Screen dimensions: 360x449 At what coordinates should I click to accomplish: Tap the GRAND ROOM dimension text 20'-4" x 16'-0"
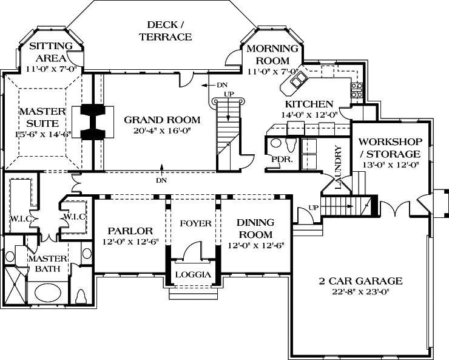[154, 131]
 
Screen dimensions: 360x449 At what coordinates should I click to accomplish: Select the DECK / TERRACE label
[165, 31]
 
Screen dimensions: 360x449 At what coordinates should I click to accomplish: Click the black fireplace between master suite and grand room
[93, 122]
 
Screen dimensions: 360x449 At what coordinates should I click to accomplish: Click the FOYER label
[195, 223]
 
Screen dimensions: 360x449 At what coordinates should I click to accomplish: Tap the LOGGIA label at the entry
[193, 274]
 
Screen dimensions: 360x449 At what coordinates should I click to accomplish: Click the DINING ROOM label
[255, 228]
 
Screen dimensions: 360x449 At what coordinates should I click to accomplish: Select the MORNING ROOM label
[272, 54]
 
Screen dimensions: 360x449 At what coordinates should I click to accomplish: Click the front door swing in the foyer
[193, 250]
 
